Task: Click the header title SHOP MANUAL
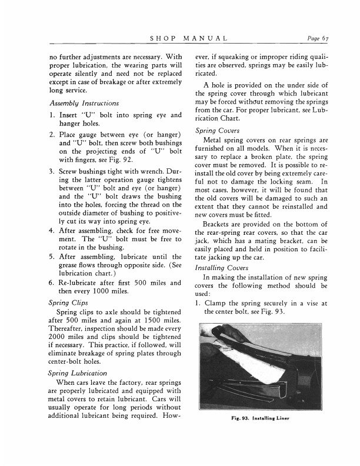pos(189,39)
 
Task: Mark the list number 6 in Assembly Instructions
pos(53,283)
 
